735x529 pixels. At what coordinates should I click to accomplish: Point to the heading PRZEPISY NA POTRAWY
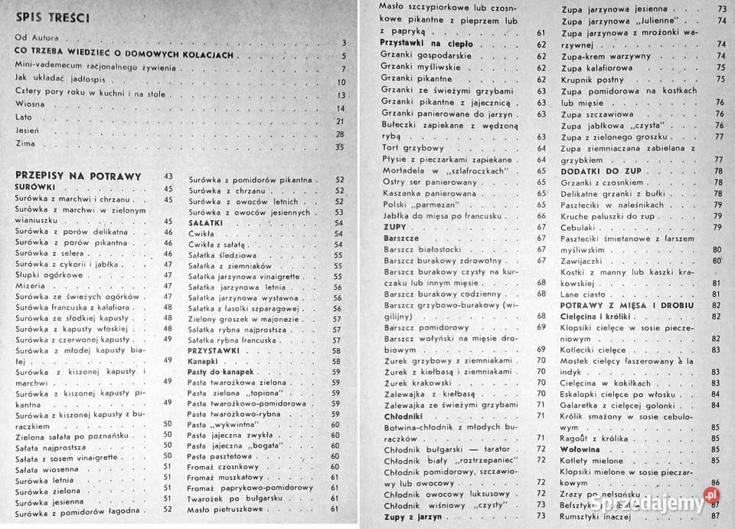[78, 176]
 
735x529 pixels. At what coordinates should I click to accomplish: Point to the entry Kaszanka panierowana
[423, 194]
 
